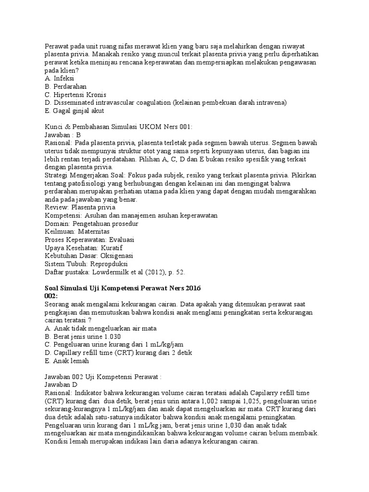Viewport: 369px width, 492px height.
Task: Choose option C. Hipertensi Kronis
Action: pos(75,95)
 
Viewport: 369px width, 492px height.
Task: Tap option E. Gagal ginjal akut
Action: pos(74,111)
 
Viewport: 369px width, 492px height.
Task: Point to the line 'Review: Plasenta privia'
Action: pos(80,208)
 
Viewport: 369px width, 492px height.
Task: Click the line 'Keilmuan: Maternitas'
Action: pos(77,232)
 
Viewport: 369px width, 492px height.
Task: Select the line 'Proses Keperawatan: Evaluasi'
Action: pos(89,240)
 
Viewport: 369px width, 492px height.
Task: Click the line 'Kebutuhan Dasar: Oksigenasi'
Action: pos(88,256)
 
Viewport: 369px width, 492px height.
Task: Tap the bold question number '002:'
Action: pos(51,296)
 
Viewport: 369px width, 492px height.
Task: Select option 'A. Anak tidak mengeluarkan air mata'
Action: pos(100,329)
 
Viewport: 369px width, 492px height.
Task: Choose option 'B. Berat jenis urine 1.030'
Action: pos(82,337)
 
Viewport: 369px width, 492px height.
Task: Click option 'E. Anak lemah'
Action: pos(67,361)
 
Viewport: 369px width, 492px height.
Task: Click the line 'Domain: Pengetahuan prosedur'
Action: pos(91,223)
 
